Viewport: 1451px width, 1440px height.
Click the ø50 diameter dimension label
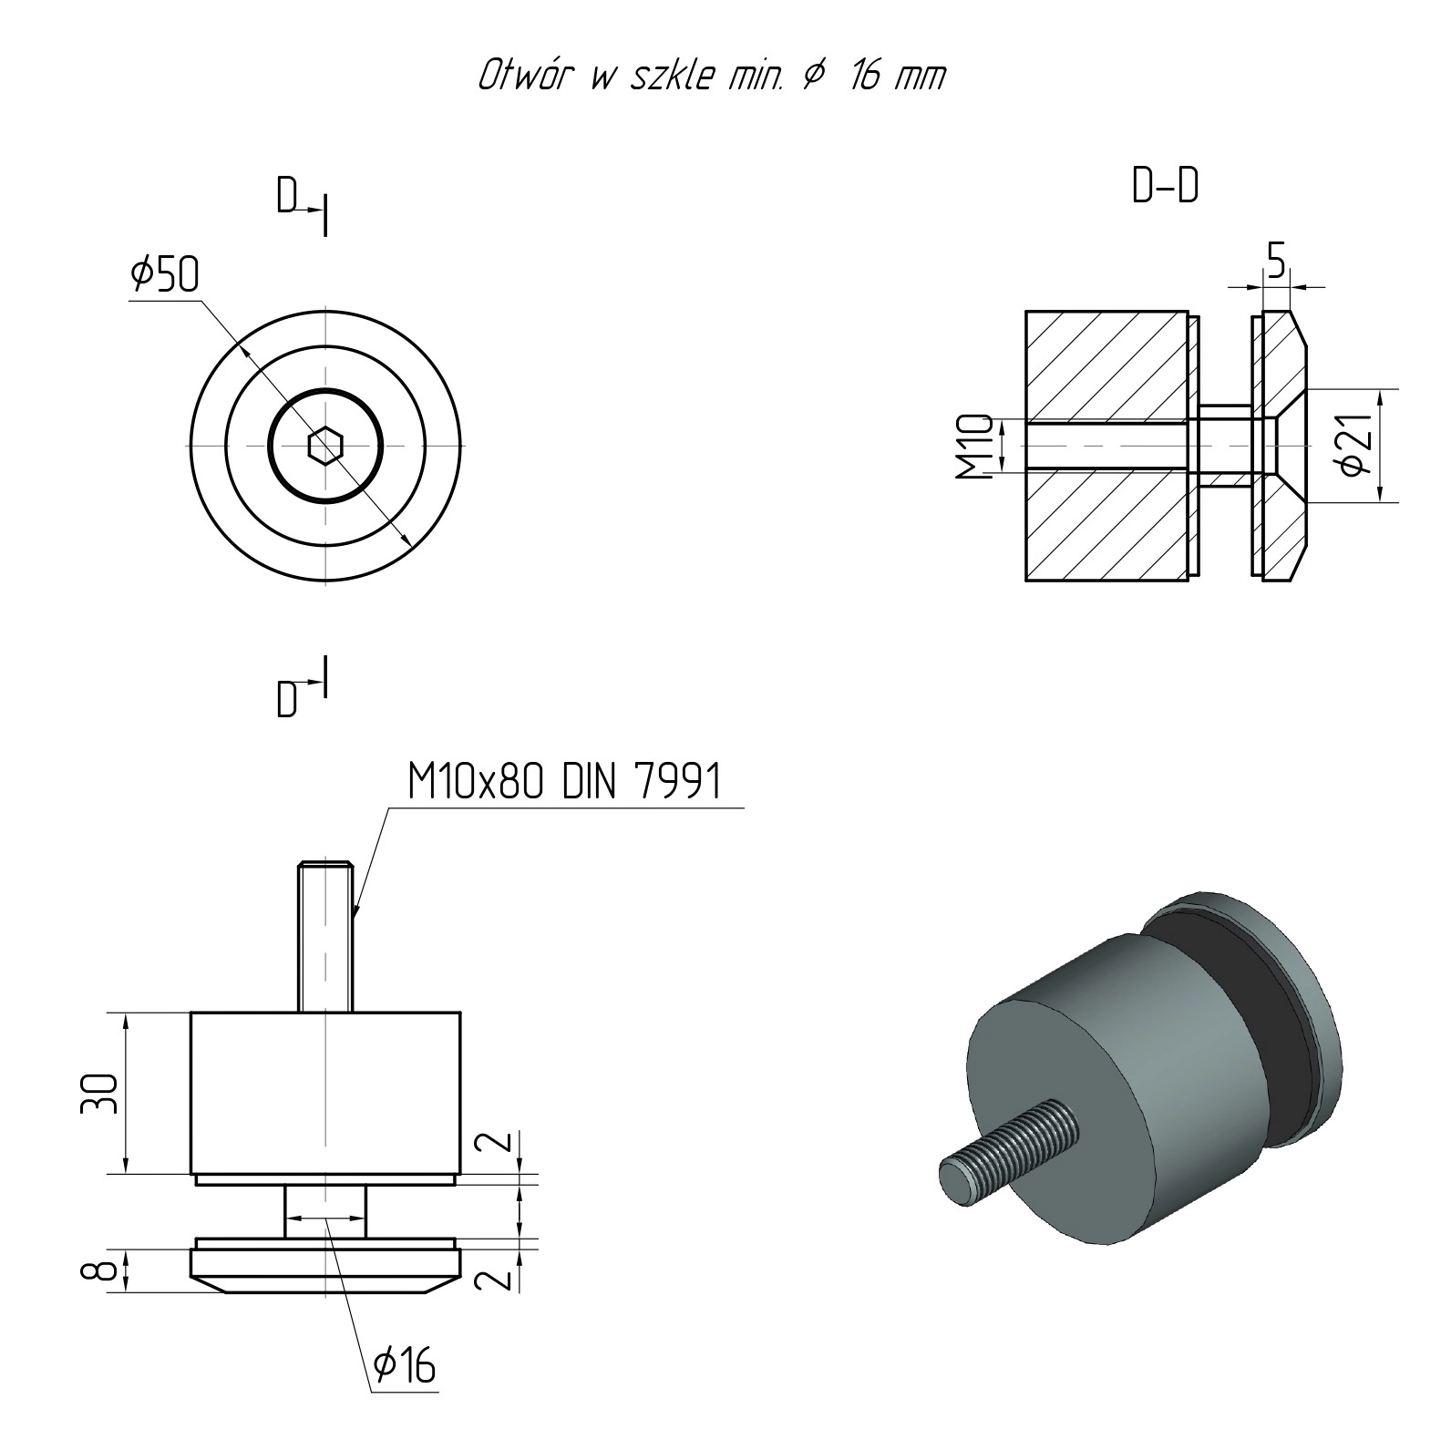[164, 273]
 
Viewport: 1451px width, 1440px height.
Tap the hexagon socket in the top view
[324, 446]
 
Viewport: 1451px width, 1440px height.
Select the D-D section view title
[1166, 186]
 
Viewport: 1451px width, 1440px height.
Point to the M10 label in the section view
[973, 447]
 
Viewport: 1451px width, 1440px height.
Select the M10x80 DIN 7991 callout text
[564, 781]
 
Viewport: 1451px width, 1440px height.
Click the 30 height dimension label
[100, 1093]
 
